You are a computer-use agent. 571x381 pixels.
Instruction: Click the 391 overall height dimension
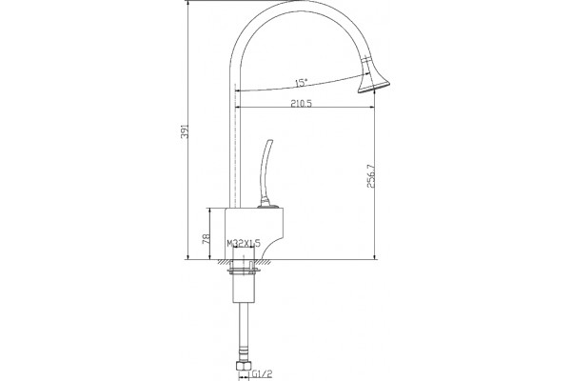click(185, 131)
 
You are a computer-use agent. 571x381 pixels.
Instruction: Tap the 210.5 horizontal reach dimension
click(301, 104)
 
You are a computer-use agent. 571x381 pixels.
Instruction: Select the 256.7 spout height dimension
click(371, 176)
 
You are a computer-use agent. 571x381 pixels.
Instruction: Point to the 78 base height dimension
click(207, 239)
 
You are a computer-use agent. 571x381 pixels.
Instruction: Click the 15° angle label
click(301, 83)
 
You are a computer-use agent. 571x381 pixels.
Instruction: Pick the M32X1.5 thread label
click(244, 243)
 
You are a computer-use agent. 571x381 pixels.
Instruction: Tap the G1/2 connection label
click(263, 373)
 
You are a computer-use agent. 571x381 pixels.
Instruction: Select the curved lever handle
click(266, 170)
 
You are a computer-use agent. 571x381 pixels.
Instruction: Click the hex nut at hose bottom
click(243, 366)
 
